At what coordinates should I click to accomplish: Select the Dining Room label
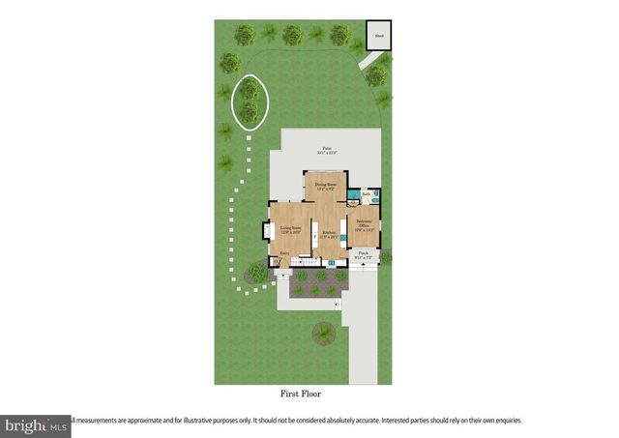[x=325, y=186]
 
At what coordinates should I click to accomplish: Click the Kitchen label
[x=329, y=233]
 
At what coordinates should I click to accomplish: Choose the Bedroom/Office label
[x=364, y=224]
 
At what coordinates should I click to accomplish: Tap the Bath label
[x=367, y=194]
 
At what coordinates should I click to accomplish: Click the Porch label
[x=363, y=257]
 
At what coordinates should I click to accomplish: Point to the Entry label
[x=284, y=253]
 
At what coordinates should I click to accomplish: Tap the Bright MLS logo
[x=35, y=423]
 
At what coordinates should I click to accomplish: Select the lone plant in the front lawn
[x=322, y=335]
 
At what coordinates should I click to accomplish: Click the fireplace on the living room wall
[x=266, y=231]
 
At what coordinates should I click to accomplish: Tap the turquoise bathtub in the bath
[x=376, y=196]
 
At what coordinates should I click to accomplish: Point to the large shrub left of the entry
[x=256, y=272]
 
